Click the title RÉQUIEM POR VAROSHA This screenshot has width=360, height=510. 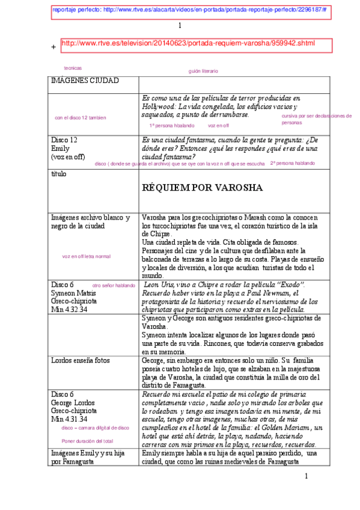click(202, 188)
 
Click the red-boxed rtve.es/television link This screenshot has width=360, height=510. click(188, 43)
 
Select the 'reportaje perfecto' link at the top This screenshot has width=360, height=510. click(189, 10)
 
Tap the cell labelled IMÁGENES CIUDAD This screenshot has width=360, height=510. click(85, 81)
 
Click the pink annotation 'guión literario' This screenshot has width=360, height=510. click(203, 71)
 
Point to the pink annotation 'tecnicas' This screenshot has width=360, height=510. click(73, 68)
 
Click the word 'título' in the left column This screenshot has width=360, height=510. click(59, 174)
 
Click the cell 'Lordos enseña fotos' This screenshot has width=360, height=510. click(80, 360)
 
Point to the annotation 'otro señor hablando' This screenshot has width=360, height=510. click(114, 285)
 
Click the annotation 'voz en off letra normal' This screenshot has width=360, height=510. click(87, 256)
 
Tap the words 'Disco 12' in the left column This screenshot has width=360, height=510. click(64, 140)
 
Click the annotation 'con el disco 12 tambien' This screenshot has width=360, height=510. click(80, 117)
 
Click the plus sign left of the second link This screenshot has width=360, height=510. click(54, 47)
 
